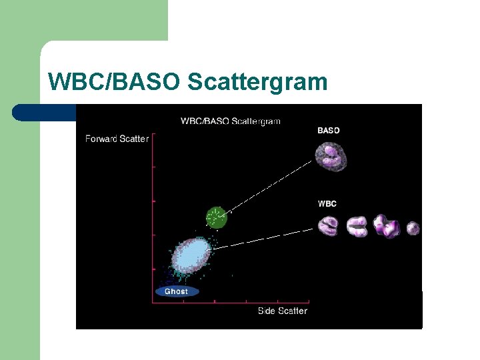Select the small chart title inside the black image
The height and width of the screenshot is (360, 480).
[x=230, y=121]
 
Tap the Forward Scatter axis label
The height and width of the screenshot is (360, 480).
[x=117, y=139]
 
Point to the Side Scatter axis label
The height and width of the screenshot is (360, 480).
[x=283, y=311]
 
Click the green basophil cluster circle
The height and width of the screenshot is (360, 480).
[x=216, y=217]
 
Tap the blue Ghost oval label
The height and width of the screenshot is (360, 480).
[x=176, y=291]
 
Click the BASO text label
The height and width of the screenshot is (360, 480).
[x=328, y=131]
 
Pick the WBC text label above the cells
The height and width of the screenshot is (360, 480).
[x=327, y=203]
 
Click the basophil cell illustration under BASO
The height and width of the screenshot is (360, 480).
[x=331, y=157]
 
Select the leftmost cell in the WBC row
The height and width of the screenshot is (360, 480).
[x=329, y=227]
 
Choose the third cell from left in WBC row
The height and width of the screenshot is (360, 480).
[x=386, y=226]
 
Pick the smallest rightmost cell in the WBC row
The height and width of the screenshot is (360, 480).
[x=413, y=229]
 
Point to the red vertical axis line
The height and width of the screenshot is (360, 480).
[x=153, y=220]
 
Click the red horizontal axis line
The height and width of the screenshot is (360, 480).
[x=230, y=303]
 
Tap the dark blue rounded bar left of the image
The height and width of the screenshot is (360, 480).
[x=43, y=113]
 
